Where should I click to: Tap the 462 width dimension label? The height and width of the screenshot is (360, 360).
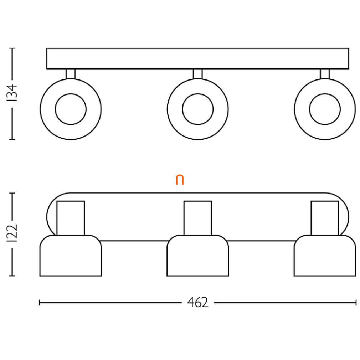click(198, 303)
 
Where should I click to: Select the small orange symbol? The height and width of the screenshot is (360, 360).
click(180, 180)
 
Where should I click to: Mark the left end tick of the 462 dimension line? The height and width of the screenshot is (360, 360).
click(40, 303)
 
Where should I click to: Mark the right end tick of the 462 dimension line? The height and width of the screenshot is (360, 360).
click(356, 303)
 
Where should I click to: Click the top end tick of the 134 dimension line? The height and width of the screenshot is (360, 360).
click(12, 48)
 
